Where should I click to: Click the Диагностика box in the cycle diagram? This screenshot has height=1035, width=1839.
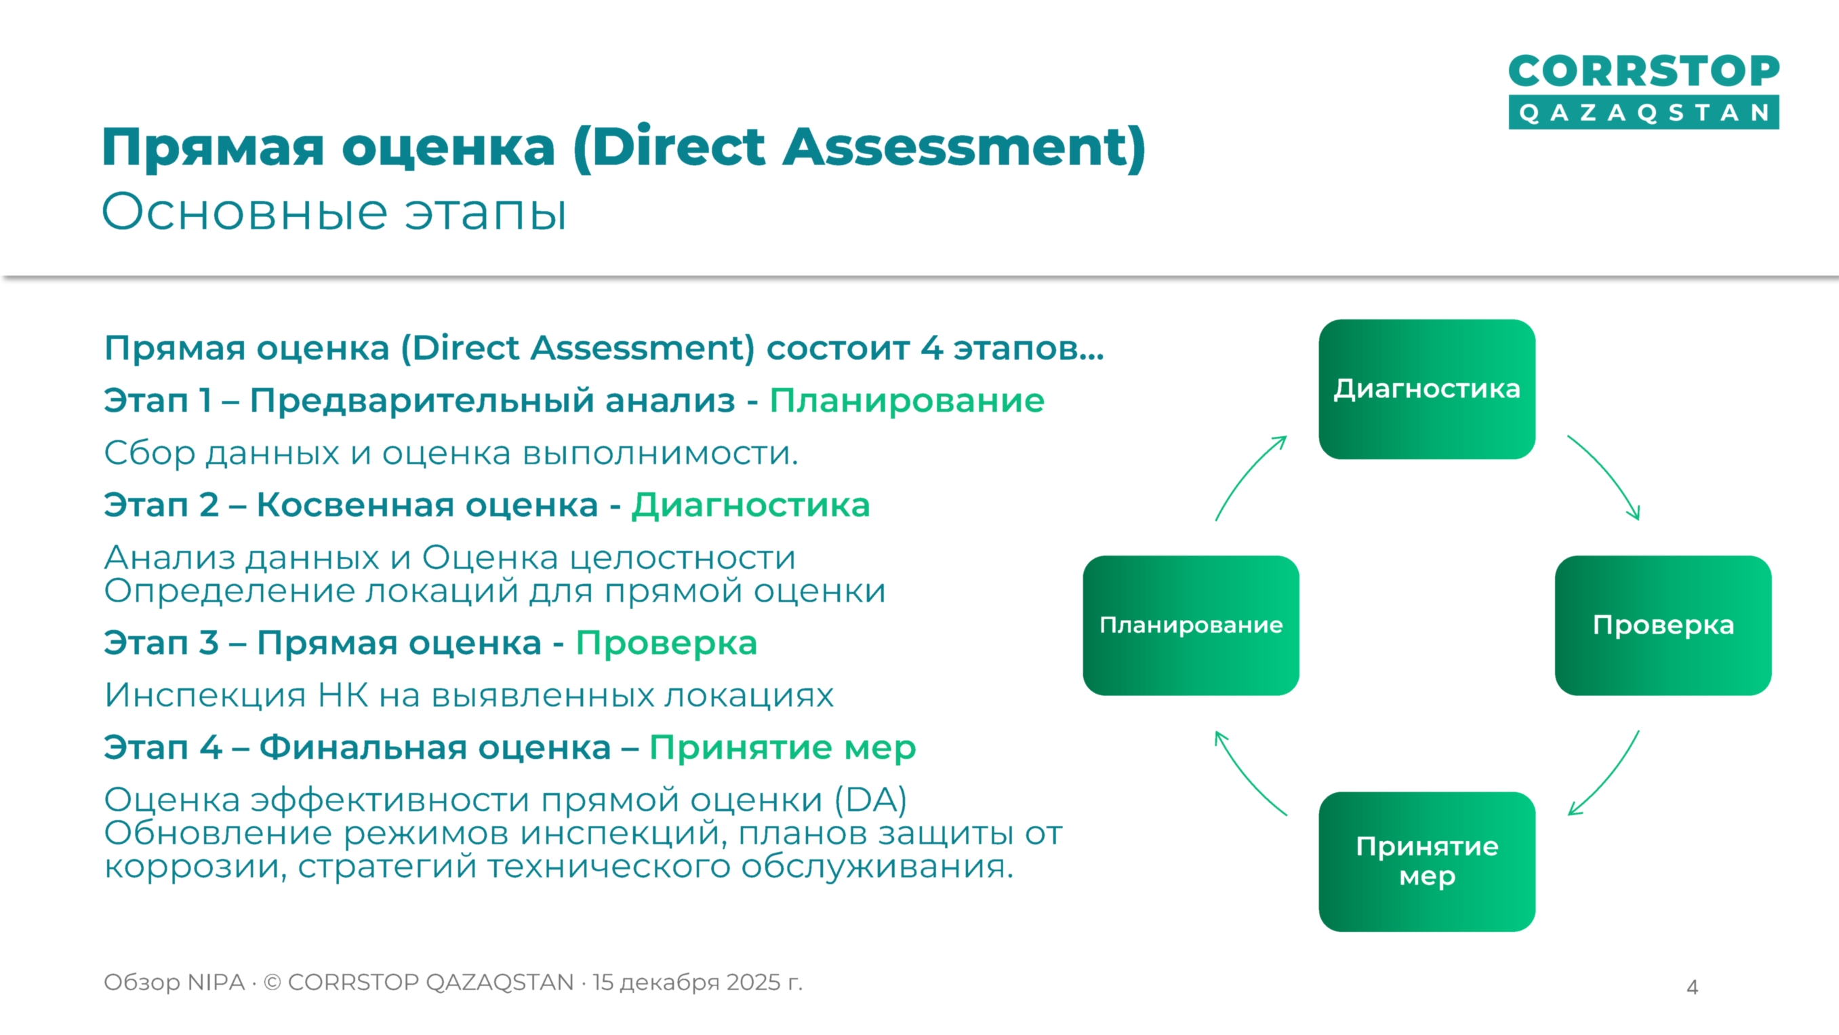(1426, 389)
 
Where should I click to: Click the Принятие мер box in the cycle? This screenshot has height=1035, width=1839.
(1426, 861)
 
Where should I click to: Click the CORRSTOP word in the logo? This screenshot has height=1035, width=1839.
(1643, 71)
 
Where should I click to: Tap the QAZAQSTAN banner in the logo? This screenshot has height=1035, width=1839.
(1643, 113)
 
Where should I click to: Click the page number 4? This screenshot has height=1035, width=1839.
(1691, 987)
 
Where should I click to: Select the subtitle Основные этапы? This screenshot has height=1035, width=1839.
(334, 212)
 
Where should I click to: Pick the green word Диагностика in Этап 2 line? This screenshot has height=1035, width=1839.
(750, 506)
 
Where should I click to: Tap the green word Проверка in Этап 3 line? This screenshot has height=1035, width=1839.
(666, 644)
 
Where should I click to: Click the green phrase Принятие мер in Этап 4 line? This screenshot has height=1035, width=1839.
(782, 748)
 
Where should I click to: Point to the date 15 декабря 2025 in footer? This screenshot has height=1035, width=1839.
(687, 982)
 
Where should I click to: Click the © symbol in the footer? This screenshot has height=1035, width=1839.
(272, 983)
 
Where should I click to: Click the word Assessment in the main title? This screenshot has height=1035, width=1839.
(964, 147)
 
